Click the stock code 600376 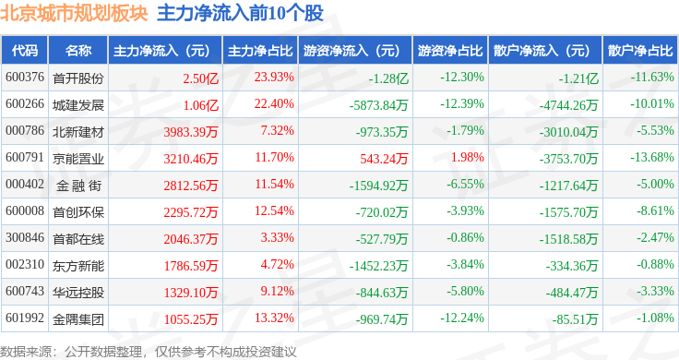pyautogui.click(x=25, y=78)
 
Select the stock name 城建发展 pyautogui.click(x=78, y=105)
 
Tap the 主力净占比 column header pyautogui.click(x=260, y=51)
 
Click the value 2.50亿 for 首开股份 pyautogui.click(x=200, y=78)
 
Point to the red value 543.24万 pyautogui.click(x=384, y=159)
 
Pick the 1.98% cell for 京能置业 pyautogui.click(x=467, y=157)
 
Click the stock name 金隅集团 pyautogui.click(x=78, y=319)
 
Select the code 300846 pyautogui.click(x=25, y=238)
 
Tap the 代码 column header pyautogui.click(x=25, y=51)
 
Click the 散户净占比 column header pyautogui.click(x=640, y=51)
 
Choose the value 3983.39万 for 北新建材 pyautogui.click(x=191, y=132)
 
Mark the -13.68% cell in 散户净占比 pyautogui.click(x=652, y=157)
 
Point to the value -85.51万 pyautogui.click(x=575, y=319)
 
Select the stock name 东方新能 pyautogui.click(x=78, y=266)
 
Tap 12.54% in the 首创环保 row pyautogui.click(x=274, y=211)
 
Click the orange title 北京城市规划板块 pyautogui.click(x=74, y=13)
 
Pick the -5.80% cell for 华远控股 pyautogui.click(x=466, y=291)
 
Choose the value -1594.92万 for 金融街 pyautogui.click(x=378, y=186)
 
